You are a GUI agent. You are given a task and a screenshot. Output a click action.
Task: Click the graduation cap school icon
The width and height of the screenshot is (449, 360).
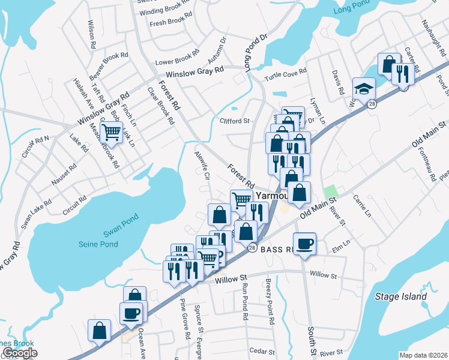[364, 89]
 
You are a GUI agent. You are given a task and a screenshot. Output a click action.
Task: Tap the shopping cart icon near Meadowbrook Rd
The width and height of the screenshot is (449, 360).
[111, 132]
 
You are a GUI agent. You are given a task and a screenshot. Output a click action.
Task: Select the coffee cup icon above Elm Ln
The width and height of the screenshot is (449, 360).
[305, 243]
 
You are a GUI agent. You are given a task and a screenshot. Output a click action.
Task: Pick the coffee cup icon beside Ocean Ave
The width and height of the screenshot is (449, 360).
[131, 313]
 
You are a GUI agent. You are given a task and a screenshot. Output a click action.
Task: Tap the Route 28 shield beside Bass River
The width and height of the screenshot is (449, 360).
[252, 248]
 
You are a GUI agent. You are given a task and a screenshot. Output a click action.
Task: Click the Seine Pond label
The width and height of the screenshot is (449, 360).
[98, 244]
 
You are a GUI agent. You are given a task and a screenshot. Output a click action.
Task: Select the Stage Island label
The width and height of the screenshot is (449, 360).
[400, 296]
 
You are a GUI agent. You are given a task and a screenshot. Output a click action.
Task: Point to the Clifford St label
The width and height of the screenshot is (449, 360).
[235, 121]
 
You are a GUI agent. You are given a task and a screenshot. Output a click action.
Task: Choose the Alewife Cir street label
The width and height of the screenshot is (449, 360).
[201, 165]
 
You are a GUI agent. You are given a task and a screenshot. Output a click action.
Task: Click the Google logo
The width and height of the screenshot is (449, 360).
[20, 353]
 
